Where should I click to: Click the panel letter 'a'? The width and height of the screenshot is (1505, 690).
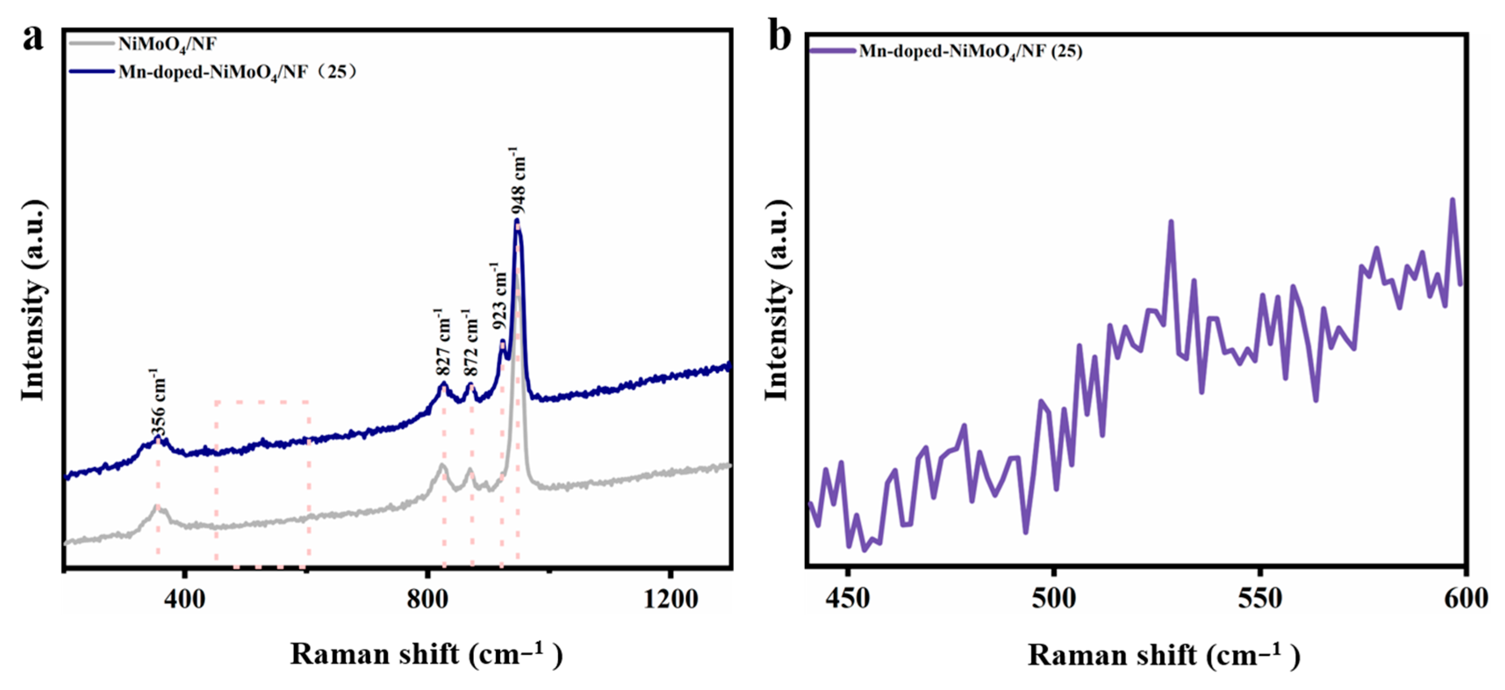coord(33,38)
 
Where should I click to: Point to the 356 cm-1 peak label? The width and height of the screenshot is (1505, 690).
coord(158,404)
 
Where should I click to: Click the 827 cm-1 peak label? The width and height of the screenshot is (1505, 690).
coord(443,343)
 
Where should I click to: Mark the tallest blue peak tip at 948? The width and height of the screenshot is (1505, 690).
coord(516,221)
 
